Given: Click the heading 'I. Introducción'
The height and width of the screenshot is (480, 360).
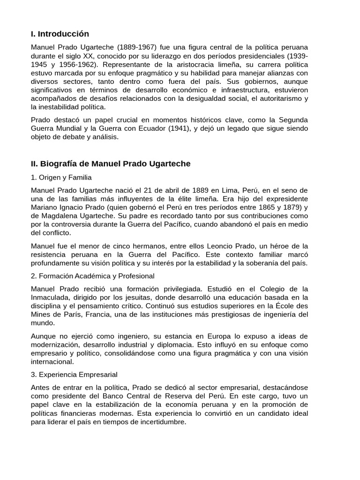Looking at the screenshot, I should coord(60,34).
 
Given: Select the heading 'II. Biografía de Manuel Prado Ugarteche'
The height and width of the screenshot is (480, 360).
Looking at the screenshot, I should coord(111,164).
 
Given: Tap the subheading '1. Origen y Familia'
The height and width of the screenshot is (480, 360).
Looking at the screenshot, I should coord(61,177).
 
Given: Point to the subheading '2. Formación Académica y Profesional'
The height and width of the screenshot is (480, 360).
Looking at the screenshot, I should coord(92,276).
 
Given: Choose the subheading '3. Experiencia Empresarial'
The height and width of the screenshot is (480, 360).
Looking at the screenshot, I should coord(74,375).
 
